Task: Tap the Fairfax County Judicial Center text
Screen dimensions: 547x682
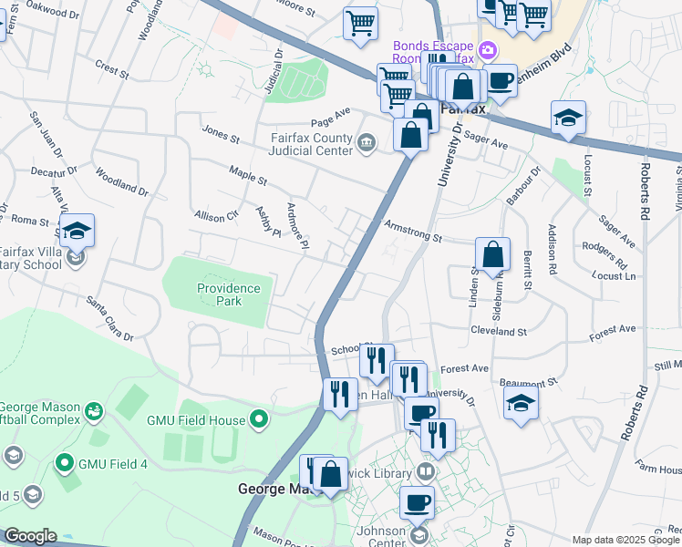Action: tap(311, 146)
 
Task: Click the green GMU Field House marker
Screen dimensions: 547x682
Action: tap(260, 420)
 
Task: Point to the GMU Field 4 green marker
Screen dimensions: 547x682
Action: tap(64, 463)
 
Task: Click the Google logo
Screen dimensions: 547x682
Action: tap(29, 536)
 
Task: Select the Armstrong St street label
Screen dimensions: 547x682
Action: tap(412, 232)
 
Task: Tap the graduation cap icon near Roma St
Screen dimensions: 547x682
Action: tap(78, 232)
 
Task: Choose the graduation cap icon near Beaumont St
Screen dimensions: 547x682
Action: tap(521, 402)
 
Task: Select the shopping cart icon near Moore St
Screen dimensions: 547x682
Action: tap(361, 22)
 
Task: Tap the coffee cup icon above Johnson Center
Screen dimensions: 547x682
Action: tap(418, 501)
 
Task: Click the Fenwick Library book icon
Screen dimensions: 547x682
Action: tap(426, 472)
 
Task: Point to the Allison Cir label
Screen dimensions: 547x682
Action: tap(216, 216)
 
